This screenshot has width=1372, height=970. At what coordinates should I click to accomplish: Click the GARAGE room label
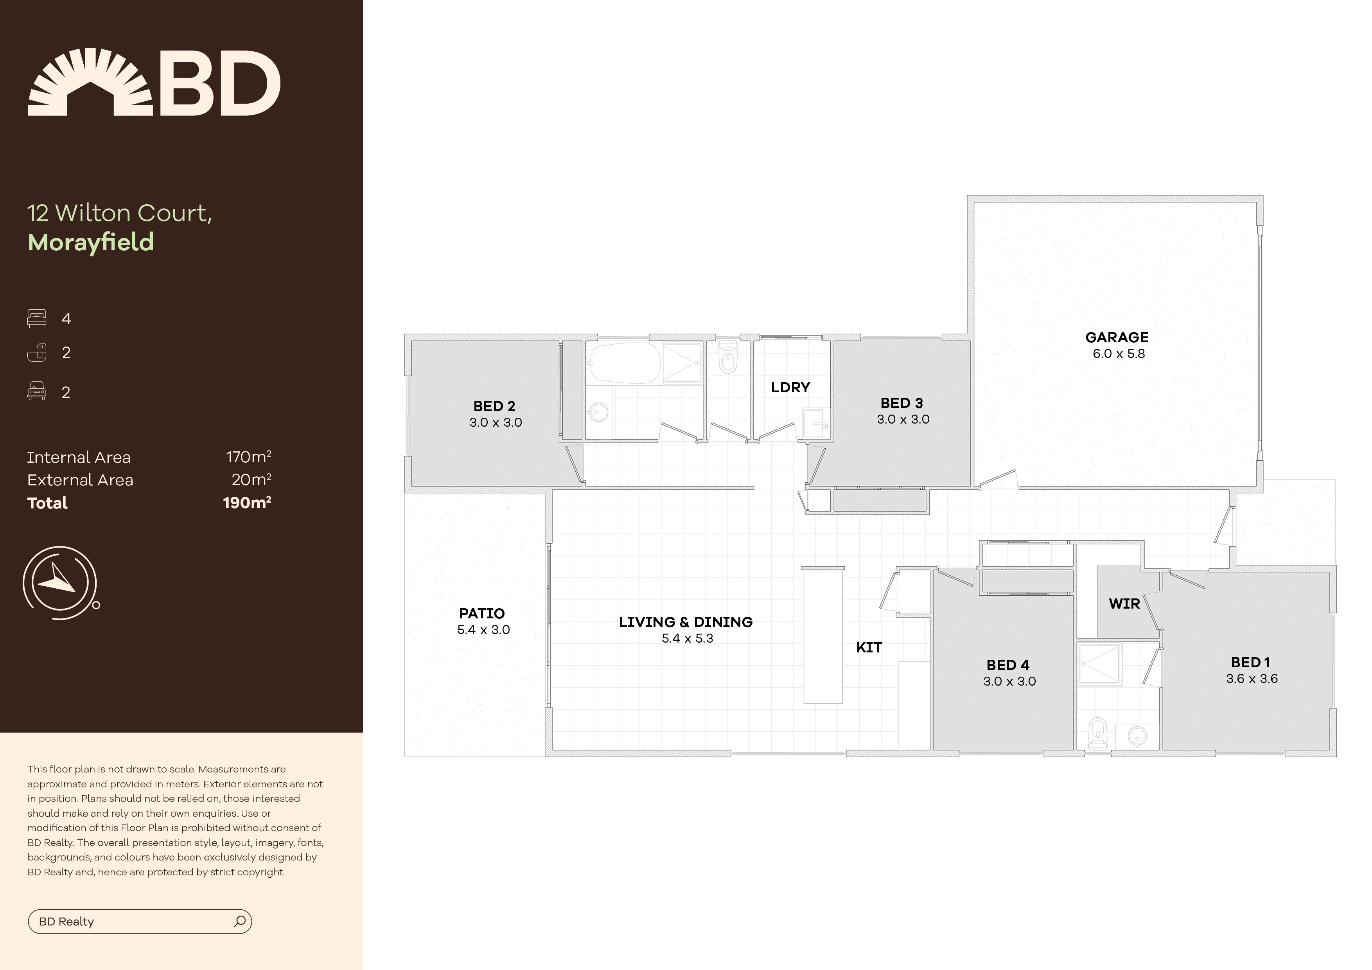pyautogui.click(x=1116, y=337)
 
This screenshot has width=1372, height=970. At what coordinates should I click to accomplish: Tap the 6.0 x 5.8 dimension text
pyautogui.click(x=1118, y=354)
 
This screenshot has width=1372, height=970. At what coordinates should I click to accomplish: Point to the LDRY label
pyautogui.click(x=790, y=387)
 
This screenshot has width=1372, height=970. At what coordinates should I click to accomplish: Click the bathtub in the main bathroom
pyautogui.click(x=625, y=363)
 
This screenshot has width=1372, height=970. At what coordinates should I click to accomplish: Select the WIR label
pyautogui.click(x=1124, y=604)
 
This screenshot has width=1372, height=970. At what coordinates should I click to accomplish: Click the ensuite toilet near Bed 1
pyautogui.click(x=1097, y=734)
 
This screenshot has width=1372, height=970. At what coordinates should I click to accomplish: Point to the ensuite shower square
pyautogui.click(x=1099, y=663)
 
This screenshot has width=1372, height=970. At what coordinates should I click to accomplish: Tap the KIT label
pyautogui.click(x=868, y=648)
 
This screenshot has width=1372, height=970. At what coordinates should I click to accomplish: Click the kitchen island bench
pyautogui.click(x=823, y=636)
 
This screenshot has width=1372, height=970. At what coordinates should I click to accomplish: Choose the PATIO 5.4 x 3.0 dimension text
pyautogui.click(x=483, y=630)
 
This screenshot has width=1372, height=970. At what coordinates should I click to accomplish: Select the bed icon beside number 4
pyautogui.click(x=36, y=318)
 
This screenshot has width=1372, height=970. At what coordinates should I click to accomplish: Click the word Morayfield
pyautogui.click(x=91, y=242)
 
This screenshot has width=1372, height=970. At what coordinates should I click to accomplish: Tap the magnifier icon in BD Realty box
pyautogui.click(x=240, y=921)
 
